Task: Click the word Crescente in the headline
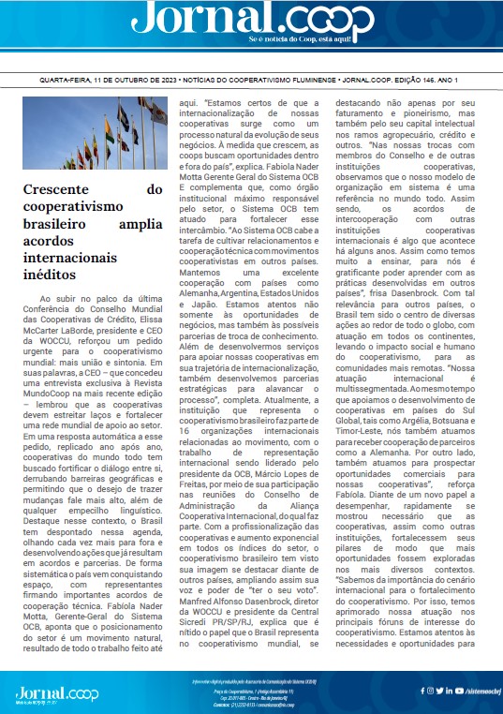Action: point(57,189)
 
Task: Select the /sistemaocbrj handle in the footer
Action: point(475,692)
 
